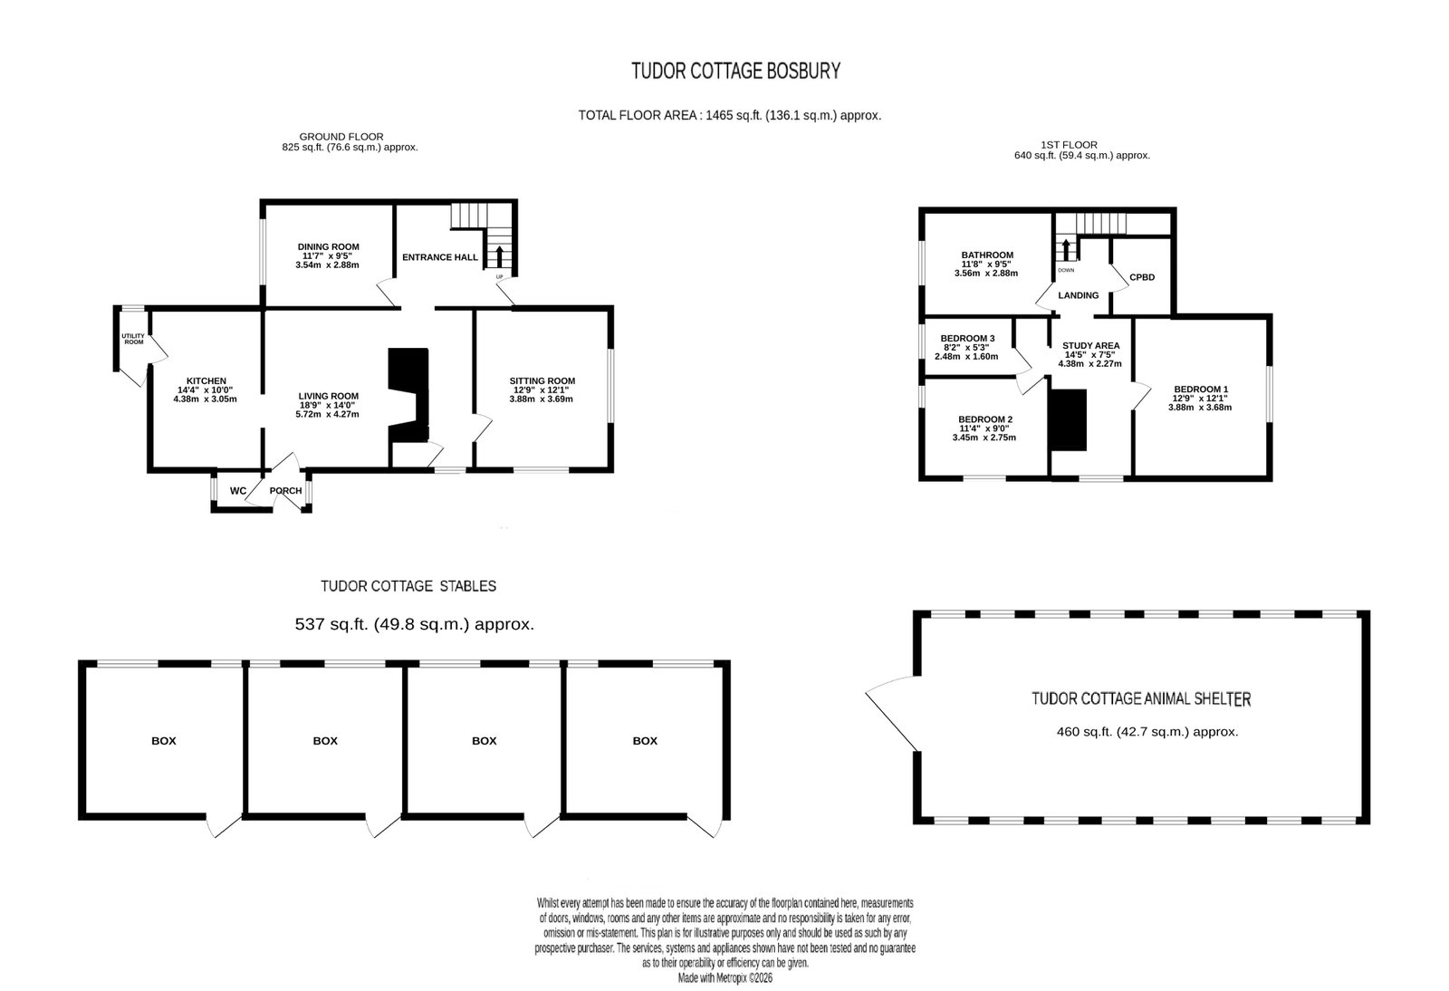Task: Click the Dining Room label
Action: [x=328, y=246]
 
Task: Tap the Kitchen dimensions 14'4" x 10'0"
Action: [x=205, y=390]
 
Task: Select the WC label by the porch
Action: [x=238, y=491]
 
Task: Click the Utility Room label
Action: [x=133, y=339]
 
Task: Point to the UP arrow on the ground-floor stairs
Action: [x=499, y=256]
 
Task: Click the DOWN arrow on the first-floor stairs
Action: [x=1066, y=249]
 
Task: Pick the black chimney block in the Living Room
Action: [x=408, y=395]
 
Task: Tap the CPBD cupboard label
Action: [x=1142, y=277]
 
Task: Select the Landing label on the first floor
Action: [x=1079, y=295]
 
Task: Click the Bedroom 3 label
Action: [x=967, y=338]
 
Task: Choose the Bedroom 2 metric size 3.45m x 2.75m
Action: [x=984, y=438]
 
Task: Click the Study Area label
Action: [x=1090, y=345]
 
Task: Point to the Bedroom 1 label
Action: [x=1201, y=390]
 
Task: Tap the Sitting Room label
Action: [x=542, y=381]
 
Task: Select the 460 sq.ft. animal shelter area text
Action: [x=1147, y=732]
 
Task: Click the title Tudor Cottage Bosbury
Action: [x=735, y=71]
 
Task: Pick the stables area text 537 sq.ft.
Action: [x=415, y=624]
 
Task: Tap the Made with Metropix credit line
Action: [x=725, y=978]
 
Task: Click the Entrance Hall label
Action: [x=440, y=256]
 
